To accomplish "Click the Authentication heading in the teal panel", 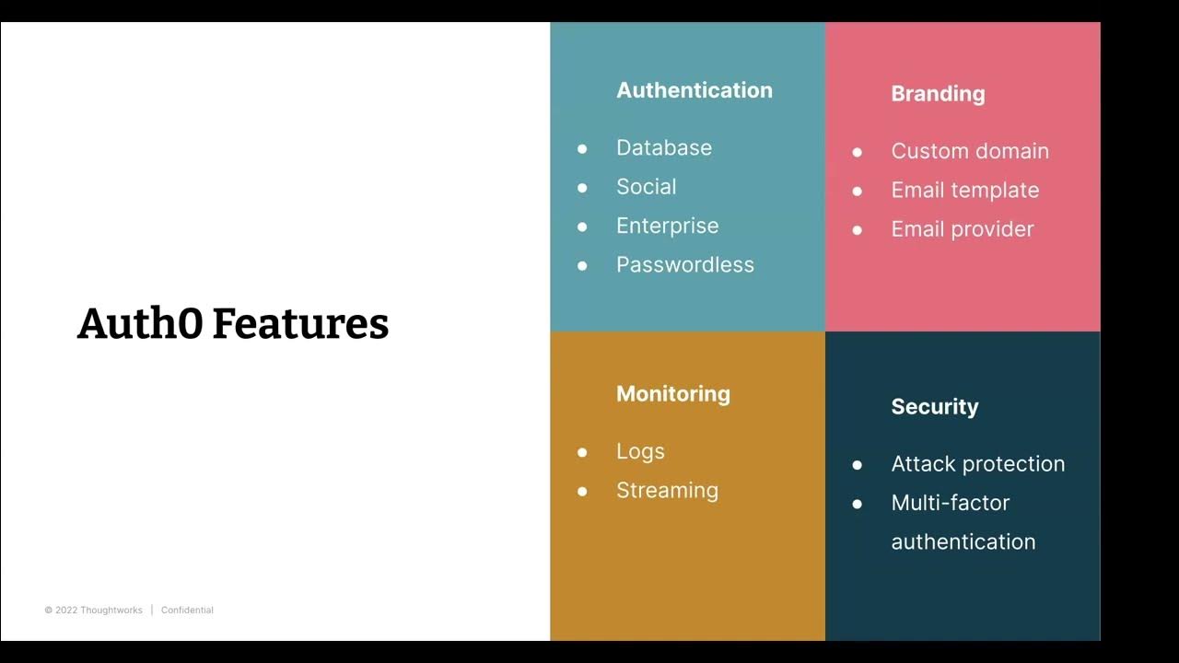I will (x=695, y=90).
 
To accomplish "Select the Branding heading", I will (x=938, y=94).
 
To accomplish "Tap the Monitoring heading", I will (x=673, y=394).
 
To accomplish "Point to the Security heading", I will (x=935, y=407).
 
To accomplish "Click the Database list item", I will (x=664, y=148).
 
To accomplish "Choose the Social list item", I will (x=647, y=187).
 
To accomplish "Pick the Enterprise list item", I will (x=668, y=226).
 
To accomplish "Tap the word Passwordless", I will (x=685, y=265).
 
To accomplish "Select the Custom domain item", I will (x=970, y=152).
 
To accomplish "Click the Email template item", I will (x=965, y=191).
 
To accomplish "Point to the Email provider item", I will (x=963, y=229).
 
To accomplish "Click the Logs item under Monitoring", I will (x=640, y=451).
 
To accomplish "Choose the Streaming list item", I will (x=667, y=491).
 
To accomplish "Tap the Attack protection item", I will (x=978, y=464).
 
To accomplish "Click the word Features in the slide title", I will (x=300, y=324).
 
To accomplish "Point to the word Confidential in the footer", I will (x=187, y=611).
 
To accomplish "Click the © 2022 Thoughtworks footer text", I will (x=93, y=611).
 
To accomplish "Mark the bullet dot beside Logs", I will (x=582, y=452).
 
